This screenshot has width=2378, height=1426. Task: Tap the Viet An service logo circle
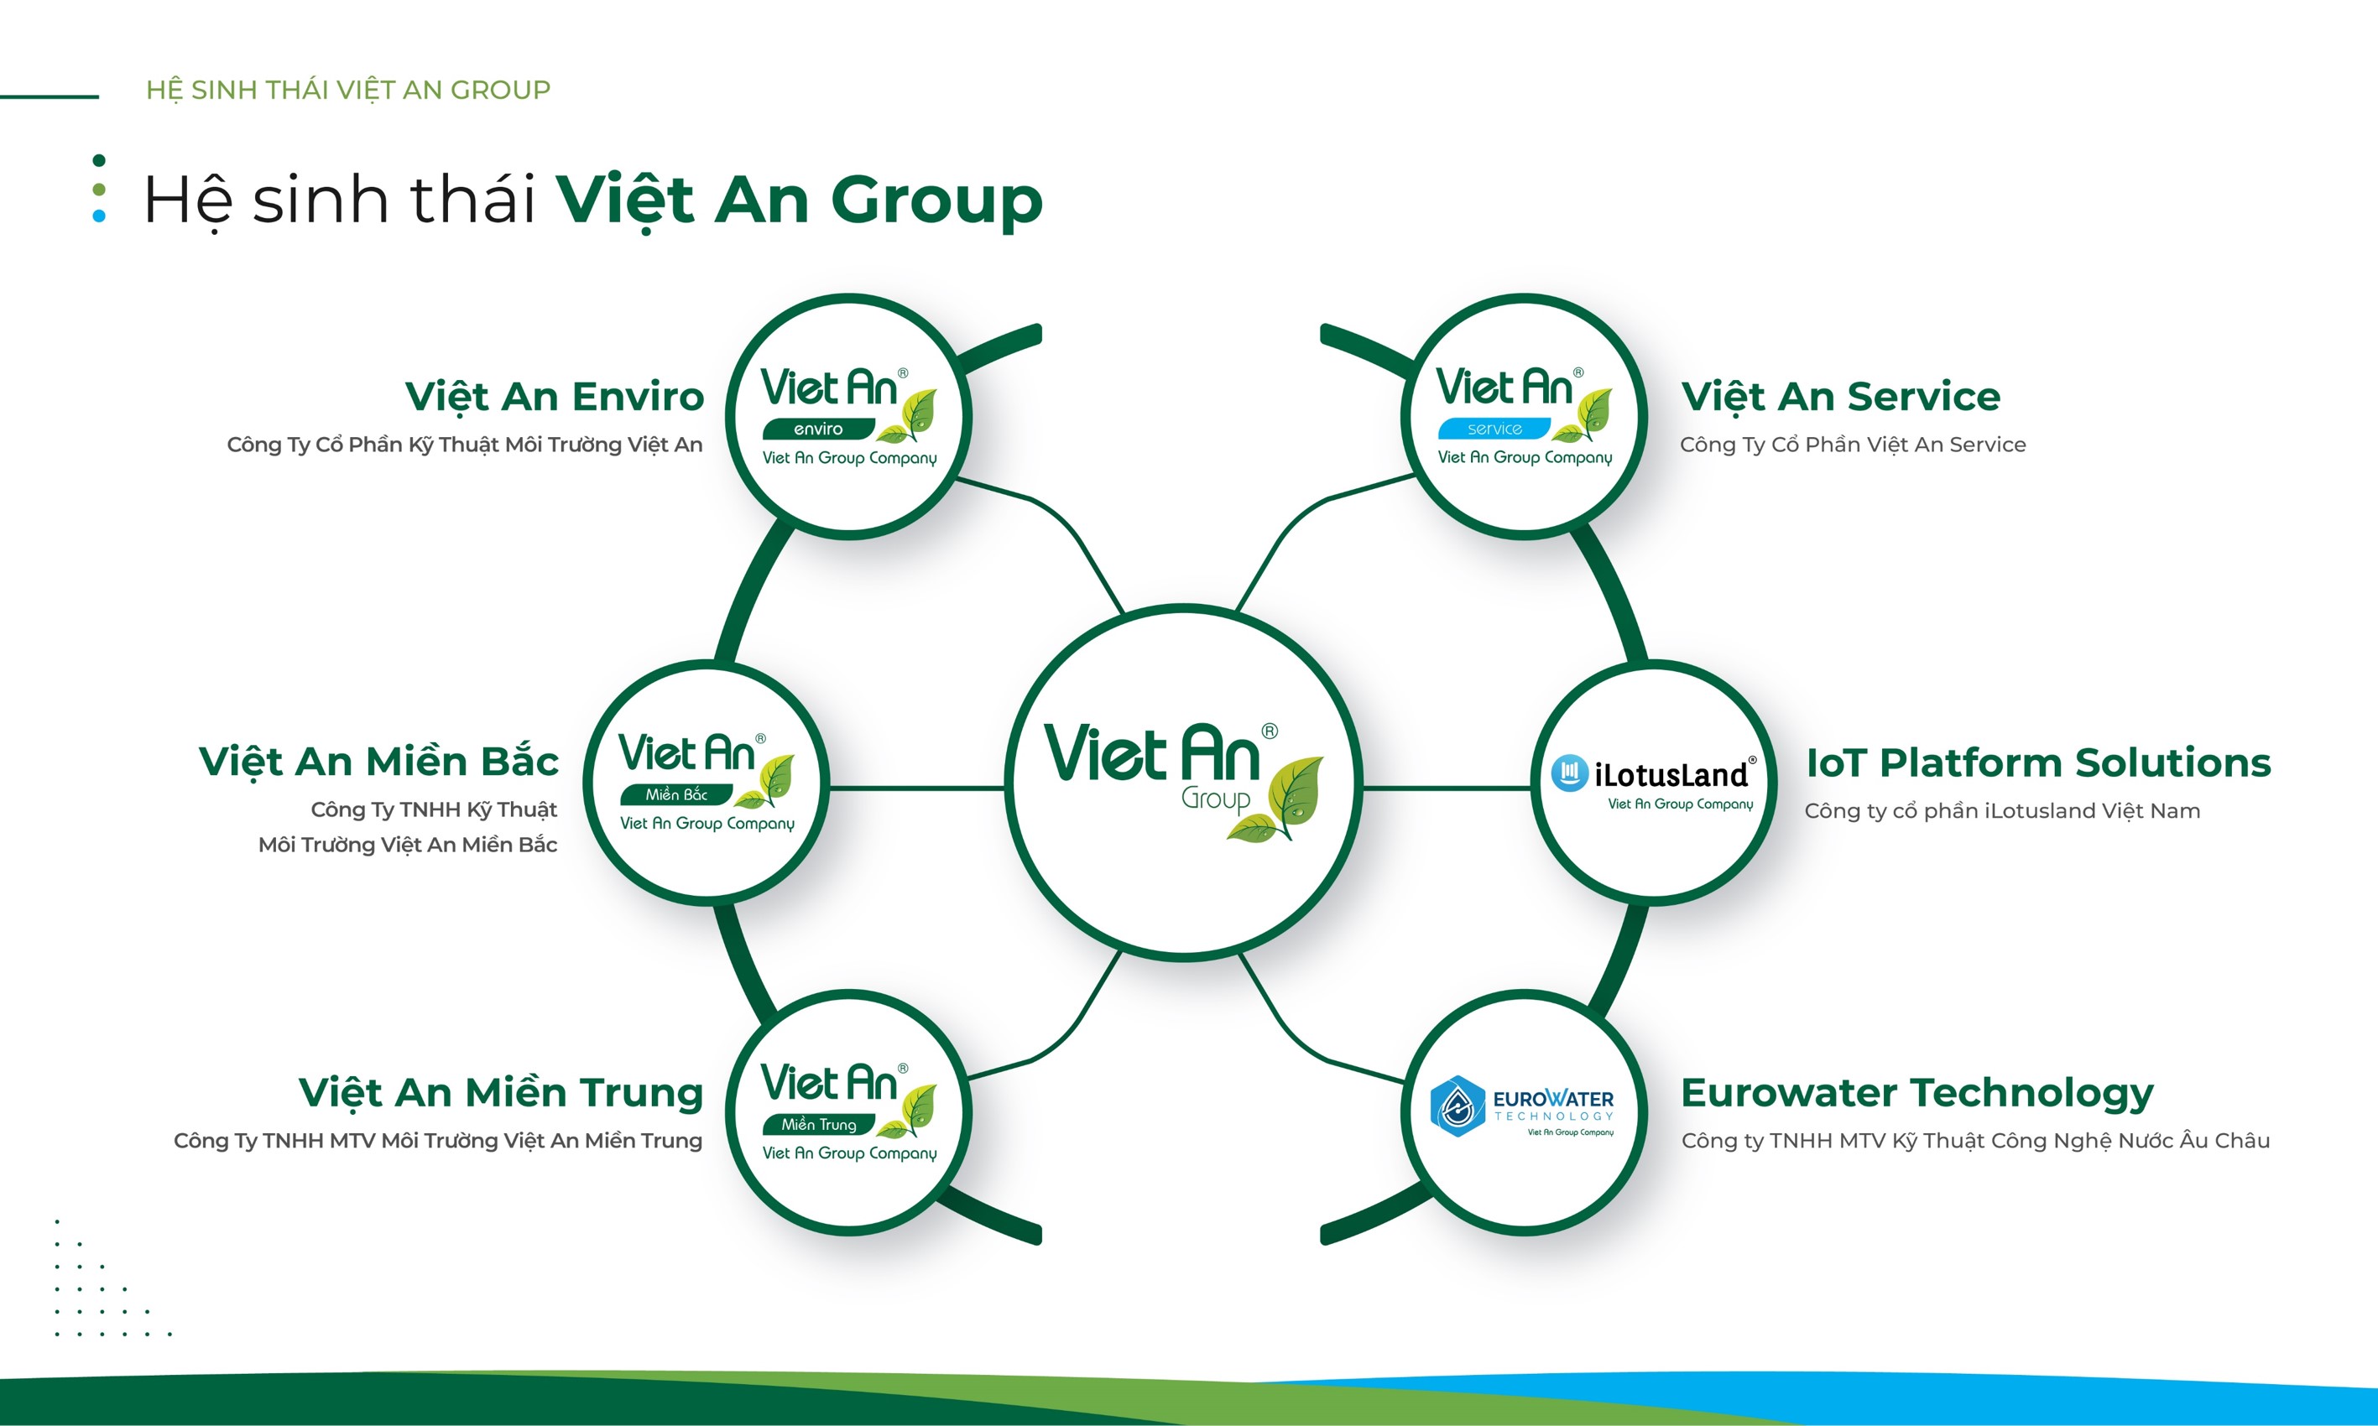point(1525,417)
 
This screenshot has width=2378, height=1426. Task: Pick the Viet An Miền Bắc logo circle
point(707,783)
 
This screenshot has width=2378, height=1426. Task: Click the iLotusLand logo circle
point(1653,783)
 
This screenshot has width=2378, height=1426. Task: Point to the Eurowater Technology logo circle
point(1525,1113)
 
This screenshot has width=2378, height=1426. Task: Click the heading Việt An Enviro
point(555,397)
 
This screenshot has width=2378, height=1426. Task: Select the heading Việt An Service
point(1841,397)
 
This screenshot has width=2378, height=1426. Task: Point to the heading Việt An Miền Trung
point(501,1092)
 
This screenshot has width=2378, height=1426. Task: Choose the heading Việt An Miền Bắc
point(378,762)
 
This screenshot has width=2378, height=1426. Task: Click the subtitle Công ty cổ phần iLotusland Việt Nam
point(2002,811)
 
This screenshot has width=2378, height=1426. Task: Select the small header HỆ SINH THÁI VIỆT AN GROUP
point(348,90)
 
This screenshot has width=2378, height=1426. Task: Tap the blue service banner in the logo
point(1494,429)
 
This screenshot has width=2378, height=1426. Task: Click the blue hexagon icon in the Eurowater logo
point(1458,1106)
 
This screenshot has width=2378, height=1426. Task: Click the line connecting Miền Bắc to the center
point(917,788)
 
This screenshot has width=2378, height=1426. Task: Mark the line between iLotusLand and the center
point(1447,788)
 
